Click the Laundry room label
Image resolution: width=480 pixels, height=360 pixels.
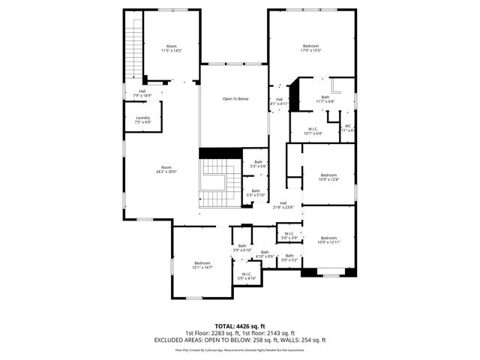point(142,120)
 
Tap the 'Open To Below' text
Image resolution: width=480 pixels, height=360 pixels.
point(235,99)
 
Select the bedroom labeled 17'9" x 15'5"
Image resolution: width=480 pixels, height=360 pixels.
point(311,49)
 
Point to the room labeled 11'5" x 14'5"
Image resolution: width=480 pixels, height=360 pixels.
point(172,49)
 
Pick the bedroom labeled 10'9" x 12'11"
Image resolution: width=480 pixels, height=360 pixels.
point(329,240)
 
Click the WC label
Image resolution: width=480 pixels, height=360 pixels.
point(348,128)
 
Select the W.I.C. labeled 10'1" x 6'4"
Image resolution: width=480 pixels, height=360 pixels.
point(313,131)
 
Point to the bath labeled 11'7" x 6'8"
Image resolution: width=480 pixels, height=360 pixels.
point(325,98)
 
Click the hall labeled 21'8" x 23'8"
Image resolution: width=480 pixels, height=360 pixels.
point(283,204)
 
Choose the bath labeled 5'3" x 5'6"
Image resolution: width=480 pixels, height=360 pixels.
point(259,163)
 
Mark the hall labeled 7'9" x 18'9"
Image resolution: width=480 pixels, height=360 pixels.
point(142,94)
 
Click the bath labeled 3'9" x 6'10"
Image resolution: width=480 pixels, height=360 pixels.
point(242,247)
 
